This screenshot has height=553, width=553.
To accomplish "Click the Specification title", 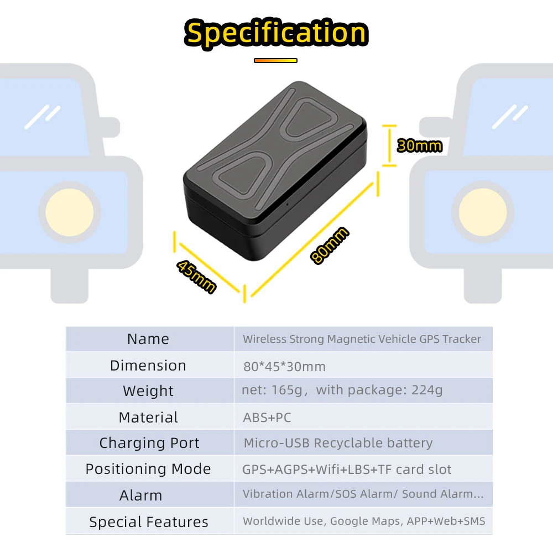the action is [x=276, y=33].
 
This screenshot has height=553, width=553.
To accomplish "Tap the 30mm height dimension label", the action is [x=420, y=145].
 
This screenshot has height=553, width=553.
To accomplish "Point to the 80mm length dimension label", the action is [x=330, y=246].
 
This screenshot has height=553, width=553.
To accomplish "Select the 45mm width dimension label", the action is [x=196, y=276].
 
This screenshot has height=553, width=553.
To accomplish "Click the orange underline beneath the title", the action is [x=275, y=60].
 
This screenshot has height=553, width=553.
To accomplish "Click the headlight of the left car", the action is [x=70, y=211].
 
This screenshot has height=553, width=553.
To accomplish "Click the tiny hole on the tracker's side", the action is [x=287, y=205].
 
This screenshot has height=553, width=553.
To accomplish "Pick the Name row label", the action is [x=148, y=339].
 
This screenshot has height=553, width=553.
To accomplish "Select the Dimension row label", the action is [x=148, y=366].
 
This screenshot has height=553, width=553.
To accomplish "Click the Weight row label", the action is [x=148, y=391].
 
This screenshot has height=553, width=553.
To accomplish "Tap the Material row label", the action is [x=148, y=418].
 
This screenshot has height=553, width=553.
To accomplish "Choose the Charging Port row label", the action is [x=149, y=443].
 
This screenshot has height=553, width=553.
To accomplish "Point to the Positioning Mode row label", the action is [x=148, y=469].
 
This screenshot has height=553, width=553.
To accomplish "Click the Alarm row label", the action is [x=141, y=495].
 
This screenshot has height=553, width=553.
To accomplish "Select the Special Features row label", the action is [x=149, y=522].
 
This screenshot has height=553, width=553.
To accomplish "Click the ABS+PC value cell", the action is [x=267, y=418].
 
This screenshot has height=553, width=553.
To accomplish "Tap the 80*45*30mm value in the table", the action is [x=284, y=366].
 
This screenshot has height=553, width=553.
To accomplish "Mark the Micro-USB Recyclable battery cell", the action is [x=338, y=443].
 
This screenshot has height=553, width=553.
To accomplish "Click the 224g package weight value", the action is [x=427, y=390].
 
